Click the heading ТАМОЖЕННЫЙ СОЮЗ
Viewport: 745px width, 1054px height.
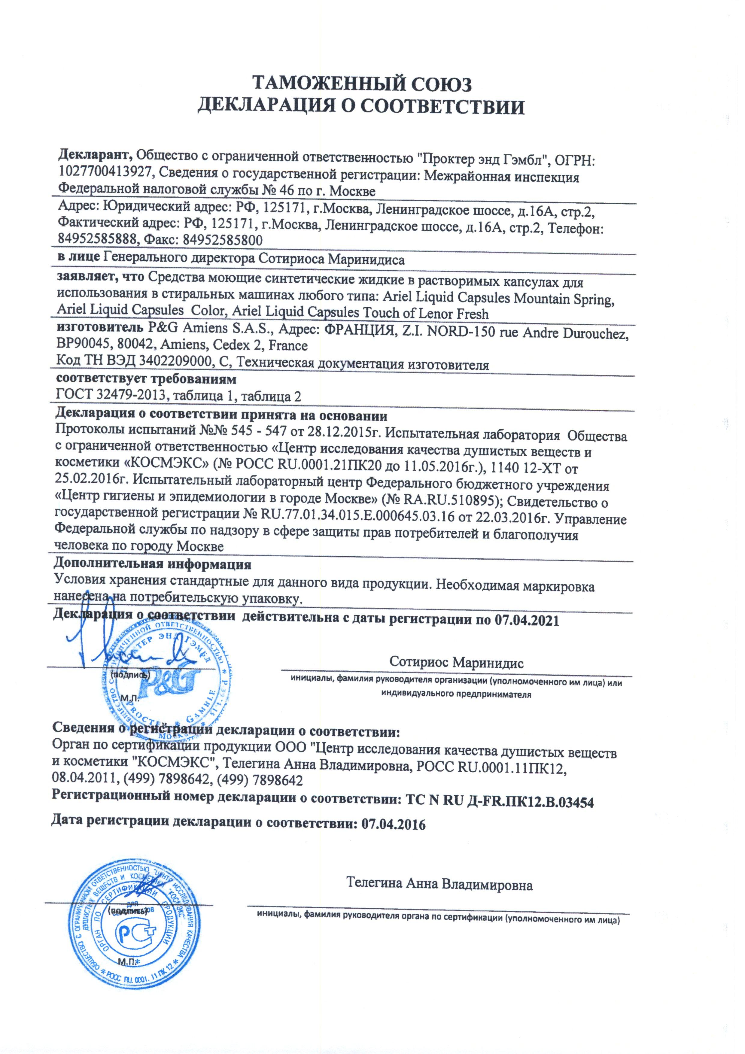coord(362,84)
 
